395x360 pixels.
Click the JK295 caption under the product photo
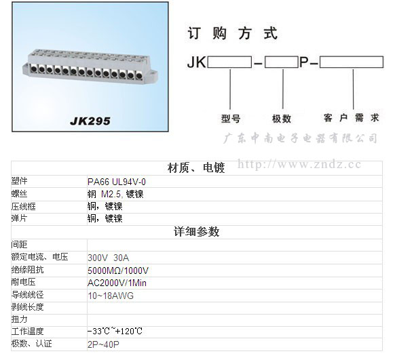click(x=90, y=121)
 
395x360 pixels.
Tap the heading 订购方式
click(x=232, y=33)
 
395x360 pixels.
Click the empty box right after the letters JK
click(x=229, y=62)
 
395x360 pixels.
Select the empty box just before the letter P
click(x=282, y=62)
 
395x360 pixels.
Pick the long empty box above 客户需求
click(x=352, y=62)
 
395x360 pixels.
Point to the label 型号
click(x=231, y=119)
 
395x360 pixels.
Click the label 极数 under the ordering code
click(x=282, y=119)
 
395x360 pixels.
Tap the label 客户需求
click(x=352, y=118)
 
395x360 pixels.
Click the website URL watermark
click(x=299, y=164)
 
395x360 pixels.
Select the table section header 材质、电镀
click(x=196, y=168)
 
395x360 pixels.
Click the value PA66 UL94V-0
click(x=117, y=182)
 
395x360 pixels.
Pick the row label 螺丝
click(x=19, y=194)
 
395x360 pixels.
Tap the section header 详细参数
click(x=197, y=232)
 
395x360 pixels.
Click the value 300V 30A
click(x=109, y=258)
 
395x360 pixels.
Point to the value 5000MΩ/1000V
click(x=118, y=271)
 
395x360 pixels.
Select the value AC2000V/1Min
click(x=117, y=283)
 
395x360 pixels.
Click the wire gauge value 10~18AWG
click(x=111, y=296)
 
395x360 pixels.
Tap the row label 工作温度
click(x=27, y=332)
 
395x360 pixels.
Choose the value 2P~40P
click(x=104, y=344)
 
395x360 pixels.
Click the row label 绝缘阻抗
click(x=27, y=270)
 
